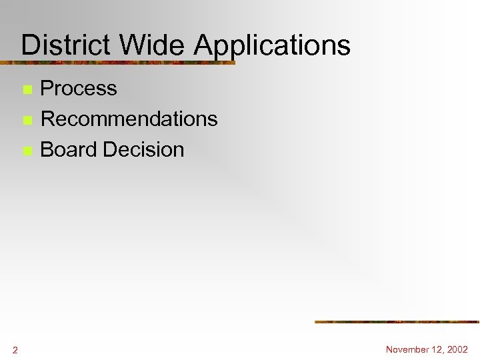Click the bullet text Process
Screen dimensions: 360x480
79,89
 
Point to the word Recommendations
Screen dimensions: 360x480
129,119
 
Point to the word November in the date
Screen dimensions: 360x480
408,349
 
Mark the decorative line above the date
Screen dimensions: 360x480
397,322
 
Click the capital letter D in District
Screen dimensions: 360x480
29,45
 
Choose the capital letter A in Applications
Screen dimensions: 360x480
203,45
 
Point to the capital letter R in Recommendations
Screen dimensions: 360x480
49,119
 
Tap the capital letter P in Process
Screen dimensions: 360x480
47,89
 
